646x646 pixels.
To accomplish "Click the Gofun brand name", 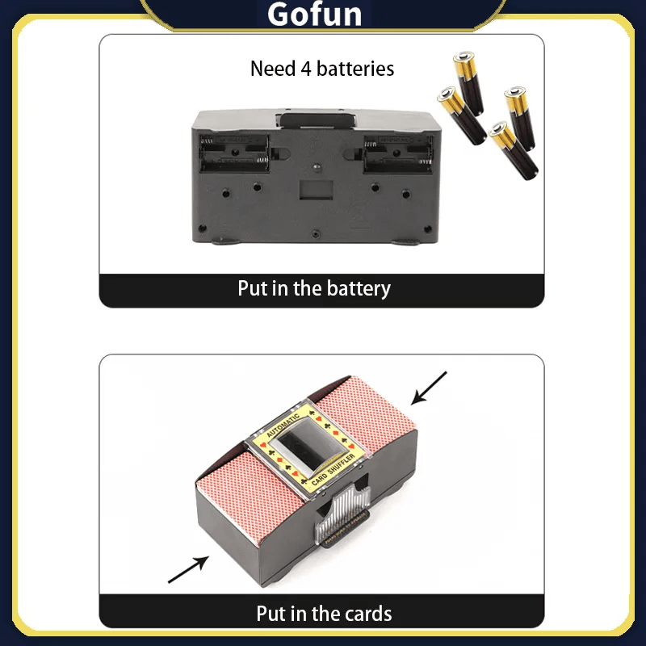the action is point(314,15).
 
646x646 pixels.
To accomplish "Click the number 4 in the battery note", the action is point(305,69).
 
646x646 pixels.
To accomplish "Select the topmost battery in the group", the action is point(468,83).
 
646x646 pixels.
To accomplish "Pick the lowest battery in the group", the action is point(514,150).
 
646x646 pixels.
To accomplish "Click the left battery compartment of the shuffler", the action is point(234,153).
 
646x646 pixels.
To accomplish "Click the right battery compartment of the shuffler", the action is point(397,153).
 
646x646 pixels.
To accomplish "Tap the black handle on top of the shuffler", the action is point(317,120).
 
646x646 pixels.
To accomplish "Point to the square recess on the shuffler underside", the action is point(316,190).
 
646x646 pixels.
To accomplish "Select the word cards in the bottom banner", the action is point(368,614).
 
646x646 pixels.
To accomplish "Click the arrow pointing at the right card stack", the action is point(429,388).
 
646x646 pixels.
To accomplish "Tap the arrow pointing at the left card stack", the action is point(188,569).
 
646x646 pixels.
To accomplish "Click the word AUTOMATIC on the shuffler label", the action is point(283,426).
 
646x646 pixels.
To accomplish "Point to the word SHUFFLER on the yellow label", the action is point(341,464).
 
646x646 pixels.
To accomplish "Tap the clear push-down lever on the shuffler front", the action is point(342,513).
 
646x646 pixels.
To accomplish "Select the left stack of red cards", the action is point(250,496).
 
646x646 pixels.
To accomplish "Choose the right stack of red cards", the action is point(365,408).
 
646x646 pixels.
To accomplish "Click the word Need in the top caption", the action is point(273,69).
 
